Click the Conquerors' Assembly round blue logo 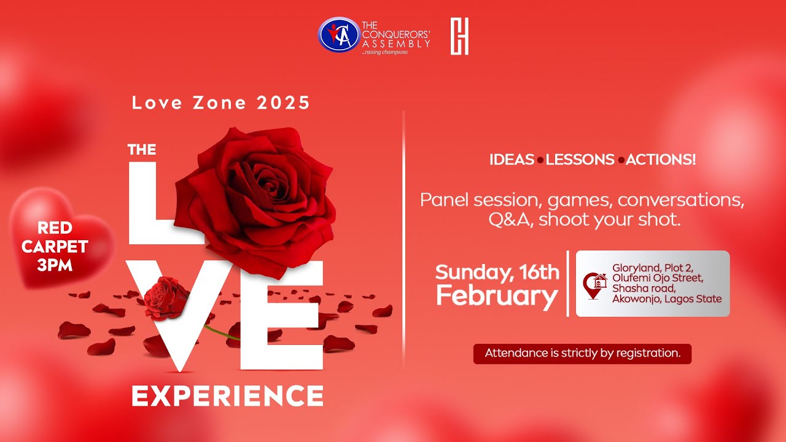coord(338,35)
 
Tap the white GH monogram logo coord(459,36)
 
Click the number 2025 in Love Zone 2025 coord(284,103)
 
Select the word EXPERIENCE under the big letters coord(227,395)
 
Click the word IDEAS coord(512,160)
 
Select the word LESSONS coord(580,160)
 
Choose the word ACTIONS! coord(661,160)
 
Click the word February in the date coord(497,297)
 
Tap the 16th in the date coord(539,271)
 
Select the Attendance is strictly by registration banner coord(582,354)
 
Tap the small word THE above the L coord(141,149)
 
